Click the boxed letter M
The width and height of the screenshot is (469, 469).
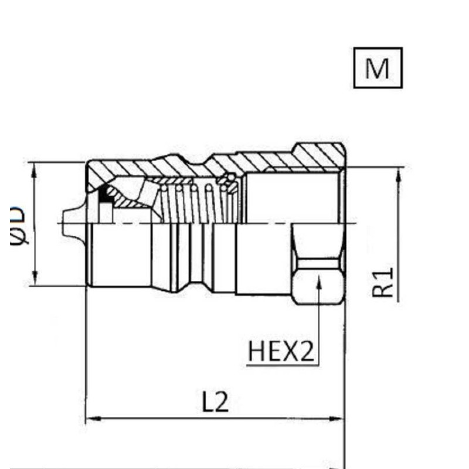point(377,68)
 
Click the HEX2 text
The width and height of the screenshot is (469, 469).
point(281,352)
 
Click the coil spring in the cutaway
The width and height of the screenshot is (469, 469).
point(193,202)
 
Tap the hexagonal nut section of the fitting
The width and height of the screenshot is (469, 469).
point(318,264)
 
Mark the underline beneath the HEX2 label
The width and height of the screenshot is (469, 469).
point(281,365)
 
